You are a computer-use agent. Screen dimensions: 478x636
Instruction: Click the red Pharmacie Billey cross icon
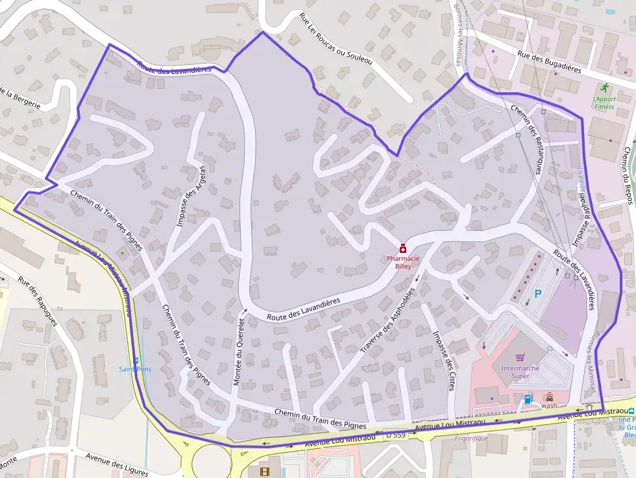[403, 248]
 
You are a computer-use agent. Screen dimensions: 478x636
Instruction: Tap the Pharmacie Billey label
[403, 261]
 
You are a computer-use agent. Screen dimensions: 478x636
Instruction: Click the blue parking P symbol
[538, 294]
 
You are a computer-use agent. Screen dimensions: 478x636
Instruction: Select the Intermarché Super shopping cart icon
[520, 357]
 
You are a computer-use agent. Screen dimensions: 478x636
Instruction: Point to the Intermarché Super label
[520, 372]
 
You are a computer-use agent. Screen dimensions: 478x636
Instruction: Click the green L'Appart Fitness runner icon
[605, 87]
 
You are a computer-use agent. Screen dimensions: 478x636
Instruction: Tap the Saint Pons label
[135, 369]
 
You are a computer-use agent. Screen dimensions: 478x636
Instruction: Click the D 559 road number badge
[395, 433]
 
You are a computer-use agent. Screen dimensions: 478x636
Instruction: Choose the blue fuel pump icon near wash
[528, 398]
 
